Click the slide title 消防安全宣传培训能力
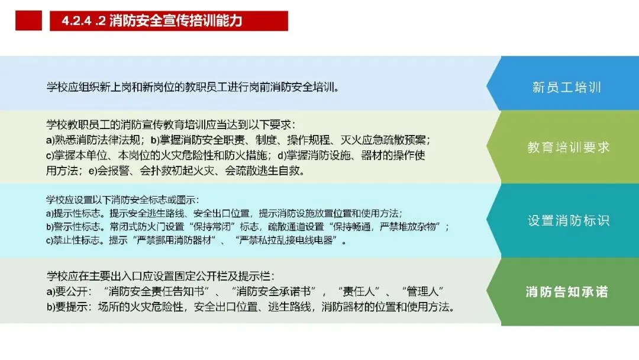click(x=176, y=21)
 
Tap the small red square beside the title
click(x=28, y=21)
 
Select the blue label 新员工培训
click(x=567, y=87)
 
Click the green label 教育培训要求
click(x=569, y=147)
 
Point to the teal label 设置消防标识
click(x=569, y=221)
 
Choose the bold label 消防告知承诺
click(x=567, y=292)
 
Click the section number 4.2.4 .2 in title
click(x=84, y=21)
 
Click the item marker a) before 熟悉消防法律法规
click(x=50, y=140)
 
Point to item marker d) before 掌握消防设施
click(x=282, y=155)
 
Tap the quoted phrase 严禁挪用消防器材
click(x=174, y=240)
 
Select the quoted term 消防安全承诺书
click(x=273, y=291)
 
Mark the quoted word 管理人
click(x=422, y=291)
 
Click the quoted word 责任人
click(x=359, y=291)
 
